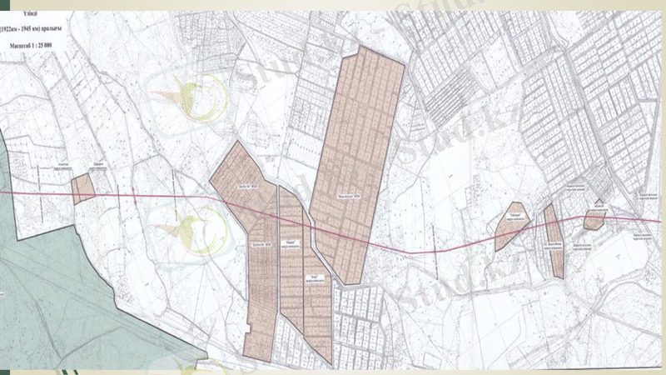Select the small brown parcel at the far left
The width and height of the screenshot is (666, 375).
tap(82, 189)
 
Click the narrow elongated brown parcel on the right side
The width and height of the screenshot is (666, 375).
tap(553, 242)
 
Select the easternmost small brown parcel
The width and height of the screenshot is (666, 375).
tap(594, 218)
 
